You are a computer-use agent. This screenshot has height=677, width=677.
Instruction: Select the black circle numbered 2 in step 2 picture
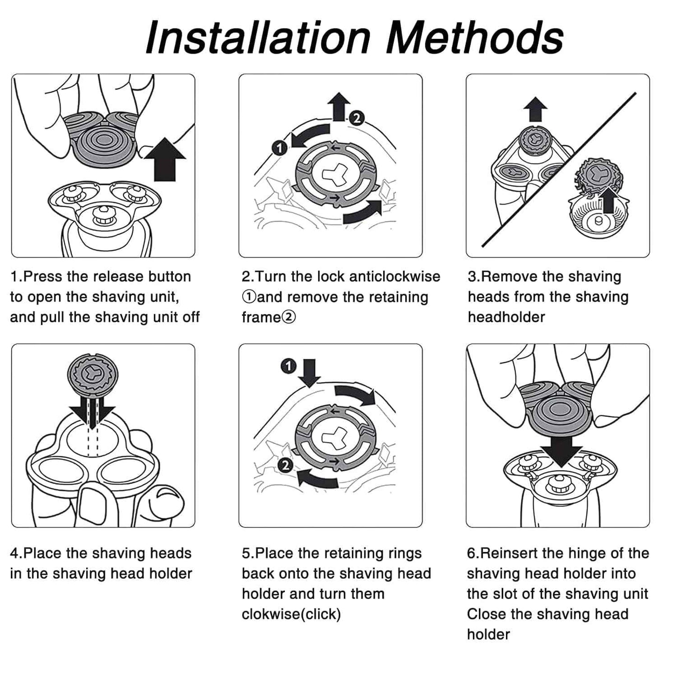click(357, 118)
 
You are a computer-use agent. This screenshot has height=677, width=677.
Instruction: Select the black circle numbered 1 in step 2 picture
click(280, 148)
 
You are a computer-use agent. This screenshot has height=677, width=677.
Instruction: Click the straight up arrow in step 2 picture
click(339, 106)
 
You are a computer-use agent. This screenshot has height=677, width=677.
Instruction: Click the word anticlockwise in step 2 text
click(394, 276)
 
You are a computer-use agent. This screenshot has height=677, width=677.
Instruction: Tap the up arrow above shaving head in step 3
click(535, 109)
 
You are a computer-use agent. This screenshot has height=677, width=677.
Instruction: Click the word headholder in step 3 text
click(506, 317)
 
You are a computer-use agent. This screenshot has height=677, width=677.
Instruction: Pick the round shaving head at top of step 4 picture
click(92, 374)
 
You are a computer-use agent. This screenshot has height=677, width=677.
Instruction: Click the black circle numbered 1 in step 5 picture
click(289, 366)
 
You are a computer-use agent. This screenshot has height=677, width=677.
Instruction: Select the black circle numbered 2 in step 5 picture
click(285, 465)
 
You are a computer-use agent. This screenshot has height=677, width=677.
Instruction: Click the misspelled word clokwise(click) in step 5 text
click(291, 614)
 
